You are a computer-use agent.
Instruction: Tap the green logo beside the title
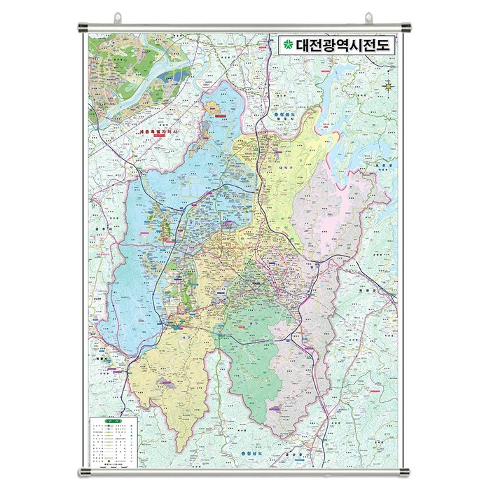coord(287,46)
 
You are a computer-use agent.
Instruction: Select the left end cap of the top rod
coord(81,28)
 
